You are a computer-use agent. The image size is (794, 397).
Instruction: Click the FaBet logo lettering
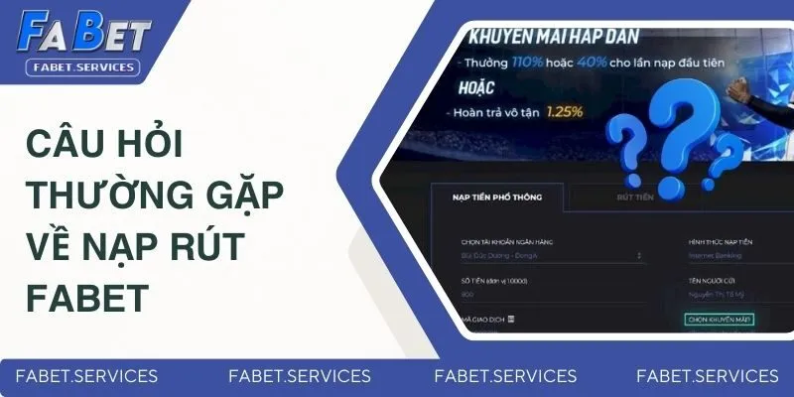coord(83,35)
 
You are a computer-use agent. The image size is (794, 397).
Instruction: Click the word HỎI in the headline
coord(158,146)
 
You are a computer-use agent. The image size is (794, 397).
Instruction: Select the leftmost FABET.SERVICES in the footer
coord(86,376)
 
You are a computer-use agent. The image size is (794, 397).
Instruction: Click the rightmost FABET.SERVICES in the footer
coord(707,376)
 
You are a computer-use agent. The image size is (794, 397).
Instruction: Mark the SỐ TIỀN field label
coord(492,281)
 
